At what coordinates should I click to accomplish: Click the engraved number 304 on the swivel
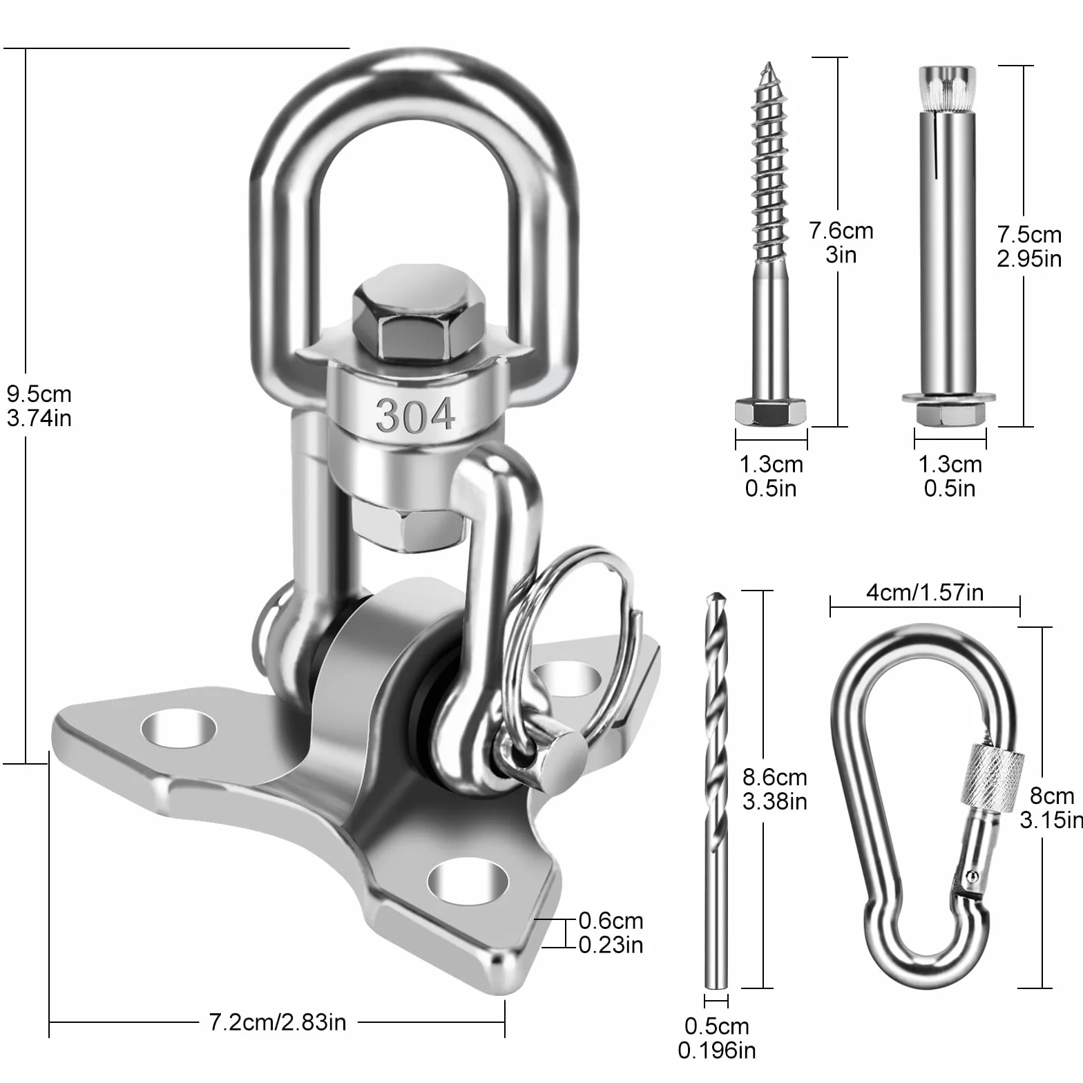(415, 415)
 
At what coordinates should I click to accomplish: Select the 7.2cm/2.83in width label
(278, 1022)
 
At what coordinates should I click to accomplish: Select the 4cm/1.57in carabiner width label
(925, 593)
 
